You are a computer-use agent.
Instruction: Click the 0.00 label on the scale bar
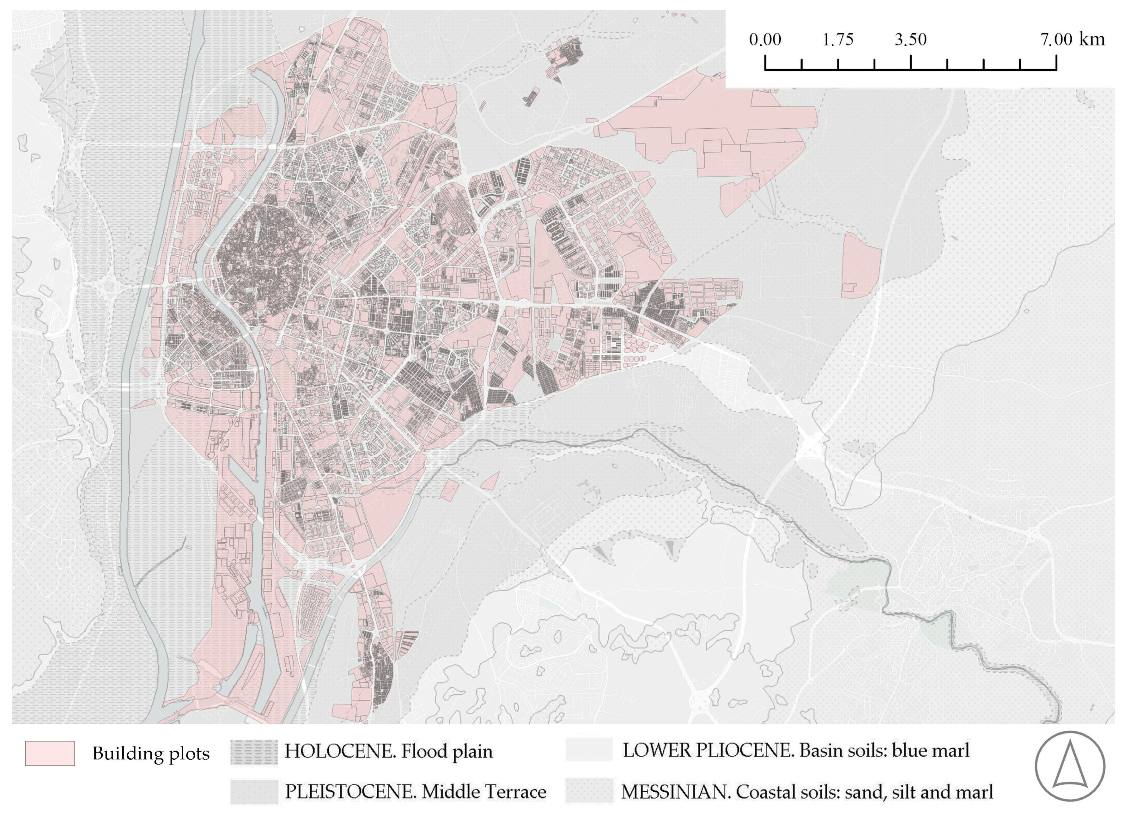pos(765,40)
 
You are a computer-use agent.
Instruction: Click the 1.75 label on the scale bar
pos(838,40)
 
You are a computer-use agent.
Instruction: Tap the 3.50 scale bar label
pos(911,40)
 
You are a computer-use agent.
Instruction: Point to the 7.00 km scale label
pos(1073,40)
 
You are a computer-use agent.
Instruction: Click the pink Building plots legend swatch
pos(50,753)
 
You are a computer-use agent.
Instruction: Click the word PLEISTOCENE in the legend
pos(351,792)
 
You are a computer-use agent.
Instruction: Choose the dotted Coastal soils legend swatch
pos(589,791)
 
